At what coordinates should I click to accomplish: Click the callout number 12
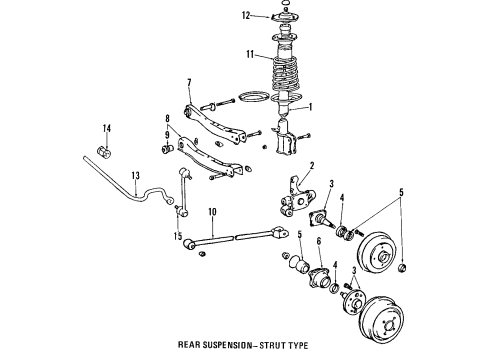pyautogui.click(x=244, y=16)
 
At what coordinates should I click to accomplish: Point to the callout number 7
pyautogui.click(x=187, y=82)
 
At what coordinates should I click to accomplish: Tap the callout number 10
pyautogui.click(x=211, y=212)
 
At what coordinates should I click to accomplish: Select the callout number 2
pyautogui.click(x=312, y=166)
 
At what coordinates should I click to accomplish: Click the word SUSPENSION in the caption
pyautogui.click(x=264, y=349)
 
